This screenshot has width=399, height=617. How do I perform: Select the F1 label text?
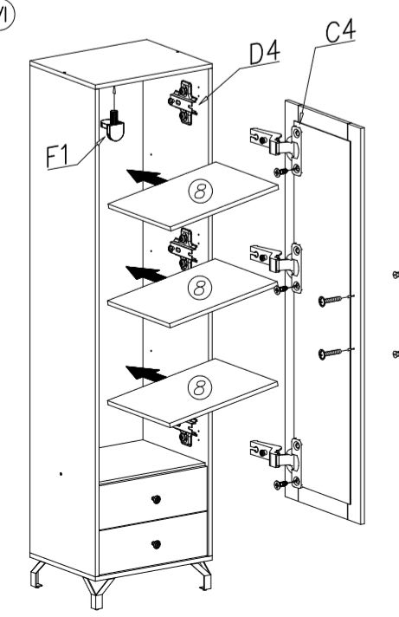(57, 155)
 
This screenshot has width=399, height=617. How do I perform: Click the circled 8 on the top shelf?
(201, 192)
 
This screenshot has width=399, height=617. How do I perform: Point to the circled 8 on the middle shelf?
(200, 288)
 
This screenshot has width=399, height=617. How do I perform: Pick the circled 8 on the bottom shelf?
(200, 386)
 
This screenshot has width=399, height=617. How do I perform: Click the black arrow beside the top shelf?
(146, 177)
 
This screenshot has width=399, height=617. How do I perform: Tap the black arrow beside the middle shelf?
(146, 274)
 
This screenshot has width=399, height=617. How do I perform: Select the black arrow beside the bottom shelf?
(146, 373)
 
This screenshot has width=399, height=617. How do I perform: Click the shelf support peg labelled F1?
(113, 125)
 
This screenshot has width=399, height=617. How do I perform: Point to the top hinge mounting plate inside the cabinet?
(183, 103)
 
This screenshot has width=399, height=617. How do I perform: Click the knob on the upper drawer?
(156, 499)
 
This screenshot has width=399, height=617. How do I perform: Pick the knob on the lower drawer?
(156, 545)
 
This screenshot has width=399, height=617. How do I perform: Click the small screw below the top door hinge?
(281, 172)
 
